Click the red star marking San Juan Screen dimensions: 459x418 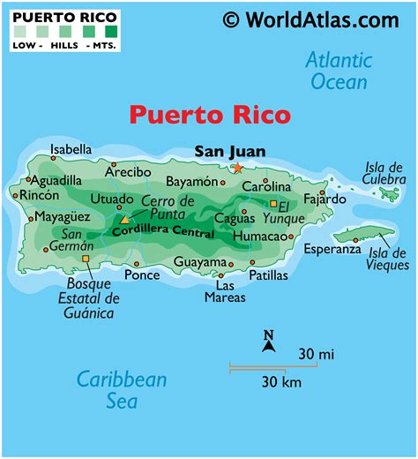(236, 168)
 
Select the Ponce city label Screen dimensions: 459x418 (142, 275)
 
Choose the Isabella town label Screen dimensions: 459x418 (71, 148)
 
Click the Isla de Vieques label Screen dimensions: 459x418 (388, 257)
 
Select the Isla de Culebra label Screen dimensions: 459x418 (384, 172)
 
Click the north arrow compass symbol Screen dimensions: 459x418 (270, 341)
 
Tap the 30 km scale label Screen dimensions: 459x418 (282, 381)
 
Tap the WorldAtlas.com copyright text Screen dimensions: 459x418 (310, 19)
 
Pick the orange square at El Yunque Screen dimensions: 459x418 (272, 203)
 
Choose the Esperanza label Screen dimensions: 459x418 (332, 249)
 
